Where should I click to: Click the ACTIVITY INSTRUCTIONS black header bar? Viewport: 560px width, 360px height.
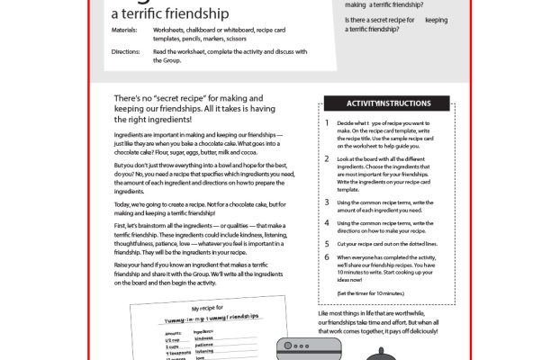384,104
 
